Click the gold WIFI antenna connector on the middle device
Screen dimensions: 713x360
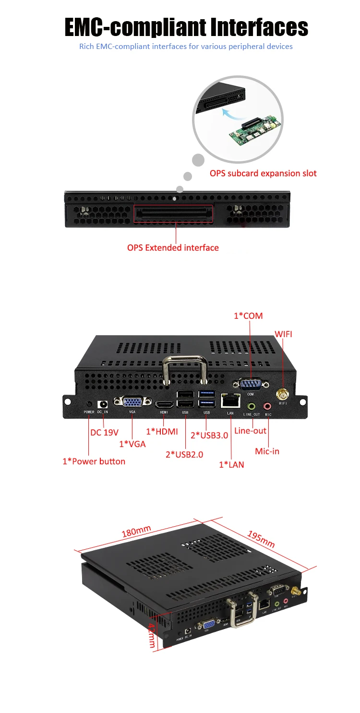click(x=282, y=394)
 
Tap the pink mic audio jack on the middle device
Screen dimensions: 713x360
click(x=268, y=406)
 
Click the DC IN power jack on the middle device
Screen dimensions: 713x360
click(x=102, y=405)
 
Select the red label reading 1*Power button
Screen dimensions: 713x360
click(x=94, y=461)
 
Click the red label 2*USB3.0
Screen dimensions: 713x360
click(x=209, y=435)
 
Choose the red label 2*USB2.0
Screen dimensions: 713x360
click(x=184, y=454)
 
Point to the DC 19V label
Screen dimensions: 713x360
click(x=105, y=432)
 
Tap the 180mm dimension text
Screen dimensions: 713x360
click(x=136, y=531)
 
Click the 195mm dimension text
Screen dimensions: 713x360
click(x=261, y=539)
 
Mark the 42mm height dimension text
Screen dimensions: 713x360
click(x=151, y=635)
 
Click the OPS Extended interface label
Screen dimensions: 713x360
click(x=173, y=248)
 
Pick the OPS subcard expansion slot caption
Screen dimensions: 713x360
click(x=263, y=173)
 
